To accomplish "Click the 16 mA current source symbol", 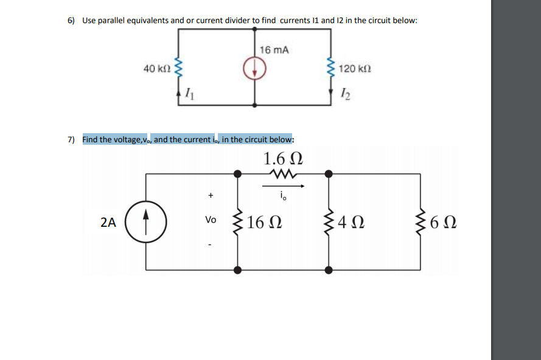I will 255,71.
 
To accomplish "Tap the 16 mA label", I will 273,49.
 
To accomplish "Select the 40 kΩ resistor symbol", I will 178,69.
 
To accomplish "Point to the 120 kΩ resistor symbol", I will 330,69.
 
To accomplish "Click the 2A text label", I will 108,222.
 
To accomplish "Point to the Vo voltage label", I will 211,220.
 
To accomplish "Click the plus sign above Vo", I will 211,196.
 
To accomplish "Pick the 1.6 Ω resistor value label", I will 282,159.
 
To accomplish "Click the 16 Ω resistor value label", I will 265,222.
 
